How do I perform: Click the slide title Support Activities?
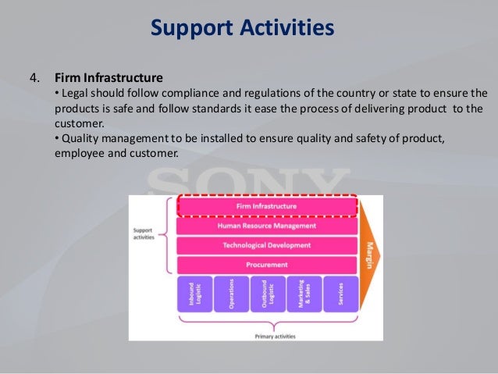(x=242, y=29)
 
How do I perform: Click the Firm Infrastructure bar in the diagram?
(x=267, y=206)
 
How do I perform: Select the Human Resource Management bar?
(x=267, y=226)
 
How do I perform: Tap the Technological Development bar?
(x=267, y=245)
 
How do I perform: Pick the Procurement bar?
(x=267, y=265)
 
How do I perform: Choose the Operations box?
(x=230, y=297)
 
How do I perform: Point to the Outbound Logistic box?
(x=267, y=297)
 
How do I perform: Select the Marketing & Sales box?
(x=304, y=297)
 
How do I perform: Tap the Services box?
(x=340, y=297)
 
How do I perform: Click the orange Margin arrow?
(x=370, y=254)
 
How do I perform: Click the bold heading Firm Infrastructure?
(x=108, y=78)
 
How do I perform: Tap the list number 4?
(x=34, y=78)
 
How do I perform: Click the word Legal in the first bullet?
(x=74, y=93)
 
